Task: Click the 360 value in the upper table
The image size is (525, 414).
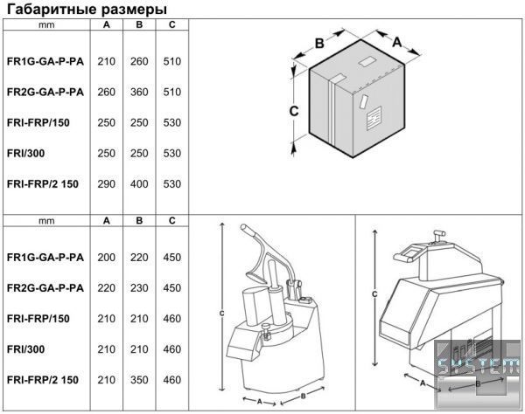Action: tap(139, 92)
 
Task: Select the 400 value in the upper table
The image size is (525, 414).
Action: tap(139, 184)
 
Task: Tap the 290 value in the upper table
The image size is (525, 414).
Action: tap(107, 184)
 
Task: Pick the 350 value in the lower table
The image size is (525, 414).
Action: tap(139, 380)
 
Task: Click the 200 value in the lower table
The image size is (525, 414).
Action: tap(107, 258)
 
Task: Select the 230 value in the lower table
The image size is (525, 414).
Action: tap(139, 288)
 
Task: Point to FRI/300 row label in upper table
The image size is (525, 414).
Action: tap(25, 154)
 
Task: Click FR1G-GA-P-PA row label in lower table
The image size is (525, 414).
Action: tap(45, 258)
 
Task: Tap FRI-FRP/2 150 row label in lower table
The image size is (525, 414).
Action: tap(43, 380)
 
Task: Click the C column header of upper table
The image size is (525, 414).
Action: tap(172, 24)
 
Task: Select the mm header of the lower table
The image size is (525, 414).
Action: tap(46, 221)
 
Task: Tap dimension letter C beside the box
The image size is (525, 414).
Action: tap(295, 111)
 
